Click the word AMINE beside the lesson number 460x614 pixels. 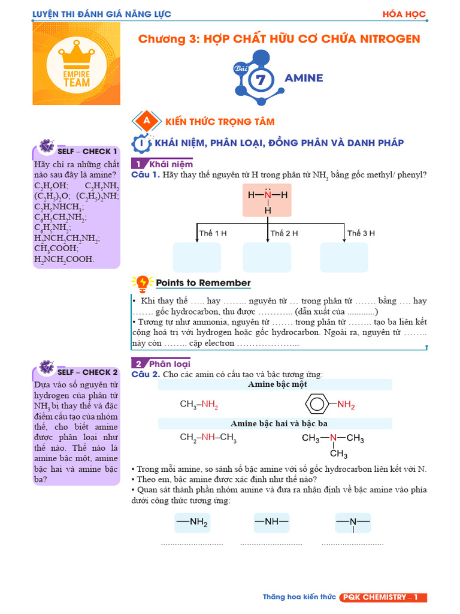pos(304,78)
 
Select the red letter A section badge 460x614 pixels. pos(146,121)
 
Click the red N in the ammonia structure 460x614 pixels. pos(268,195)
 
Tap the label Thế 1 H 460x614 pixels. pos(213,233)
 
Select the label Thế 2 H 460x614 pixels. pos(285,233)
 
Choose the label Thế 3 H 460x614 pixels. pos(361,233)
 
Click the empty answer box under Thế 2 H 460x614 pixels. pos(267,257)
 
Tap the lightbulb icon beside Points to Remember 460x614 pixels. pos(143,282)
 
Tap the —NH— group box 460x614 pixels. pos(271,522)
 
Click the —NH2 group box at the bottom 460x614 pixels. pos(192,522)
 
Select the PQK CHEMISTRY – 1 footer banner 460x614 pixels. pos(382,597)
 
